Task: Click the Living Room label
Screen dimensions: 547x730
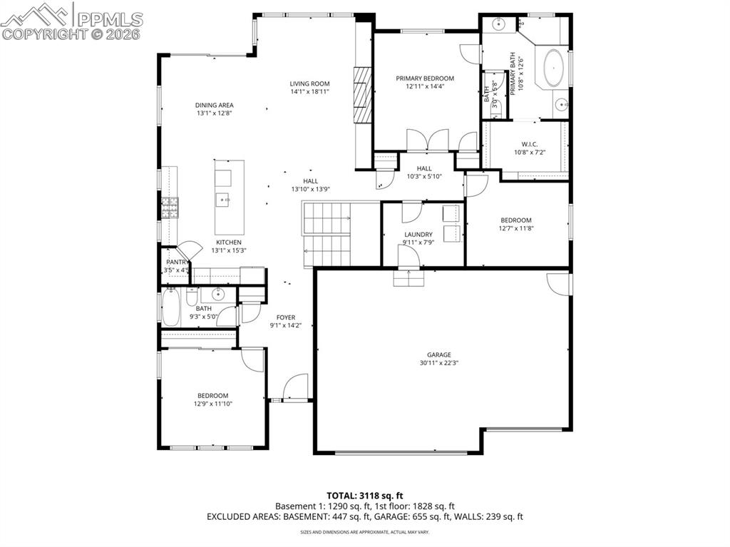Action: pyautogui.click(x=309, y=83)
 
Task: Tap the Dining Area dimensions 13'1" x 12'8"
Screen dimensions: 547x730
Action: pyautogui.click(x=215, y=113)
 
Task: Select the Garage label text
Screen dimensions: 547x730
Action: pyautogui.click(x=439, y=354)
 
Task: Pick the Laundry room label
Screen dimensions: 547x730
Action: pyautogui.click(x=418, y=234)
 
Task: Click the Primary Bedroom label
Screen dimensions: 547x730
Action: pyautogui.click(x=425, y=78)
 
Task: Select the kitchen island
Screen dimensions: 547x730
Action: pyautogui.click(x=229, y=194)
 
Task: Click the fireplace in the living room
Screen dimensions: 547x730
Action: pyautogui.click(x=363, y=96)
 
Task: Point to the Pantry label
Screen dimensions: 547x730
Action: pyautogui.click(x=177, y=262)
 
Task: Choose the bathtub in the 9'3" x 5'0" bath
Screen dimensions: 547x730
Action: pyautogui.click(x=171, y=308)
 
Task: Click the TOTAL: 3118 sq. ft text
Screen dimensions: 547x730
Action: pyautogui.click(x=365, y=495)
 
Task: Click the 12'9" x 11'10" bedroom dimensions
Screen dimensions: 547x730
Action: pyautogui.click(x=212, y=404)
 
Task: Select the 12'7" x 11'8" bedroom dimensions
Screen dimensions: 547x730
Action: pyautogui.click(x=515, y=228)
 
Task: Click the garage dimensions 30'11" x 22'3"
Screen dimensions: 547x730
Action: pyautogui.click(x=439, y=363)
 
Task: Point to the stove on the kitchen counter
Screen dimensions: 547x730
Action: pyautogui.click(x=170, y=208)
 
